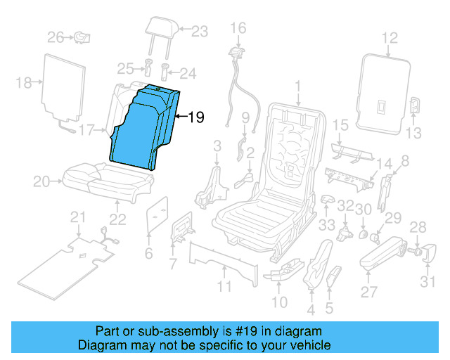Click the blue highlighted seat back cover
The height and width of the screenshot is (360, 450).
(x=144, y=127)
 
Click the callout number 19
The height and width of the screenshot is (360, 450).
(x=196, y=117)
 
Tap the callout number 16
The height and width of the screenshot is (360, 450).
(x=239, y=27)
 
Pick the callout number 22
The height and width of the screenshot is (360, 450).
(x=117, y=219)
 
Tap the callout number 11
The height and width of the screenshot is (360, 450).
(x=224, y=286)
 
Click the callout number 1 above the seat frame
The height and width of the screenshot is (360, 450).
(x=297, y=85)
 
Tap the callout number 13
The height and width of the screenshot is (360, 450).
(x=413, y=132)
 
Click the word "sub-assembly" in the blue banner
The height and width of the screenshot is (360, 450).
(x=158, y=330)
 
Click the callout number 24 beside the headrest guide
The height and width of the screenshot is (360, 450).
(x=187, y=73)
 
